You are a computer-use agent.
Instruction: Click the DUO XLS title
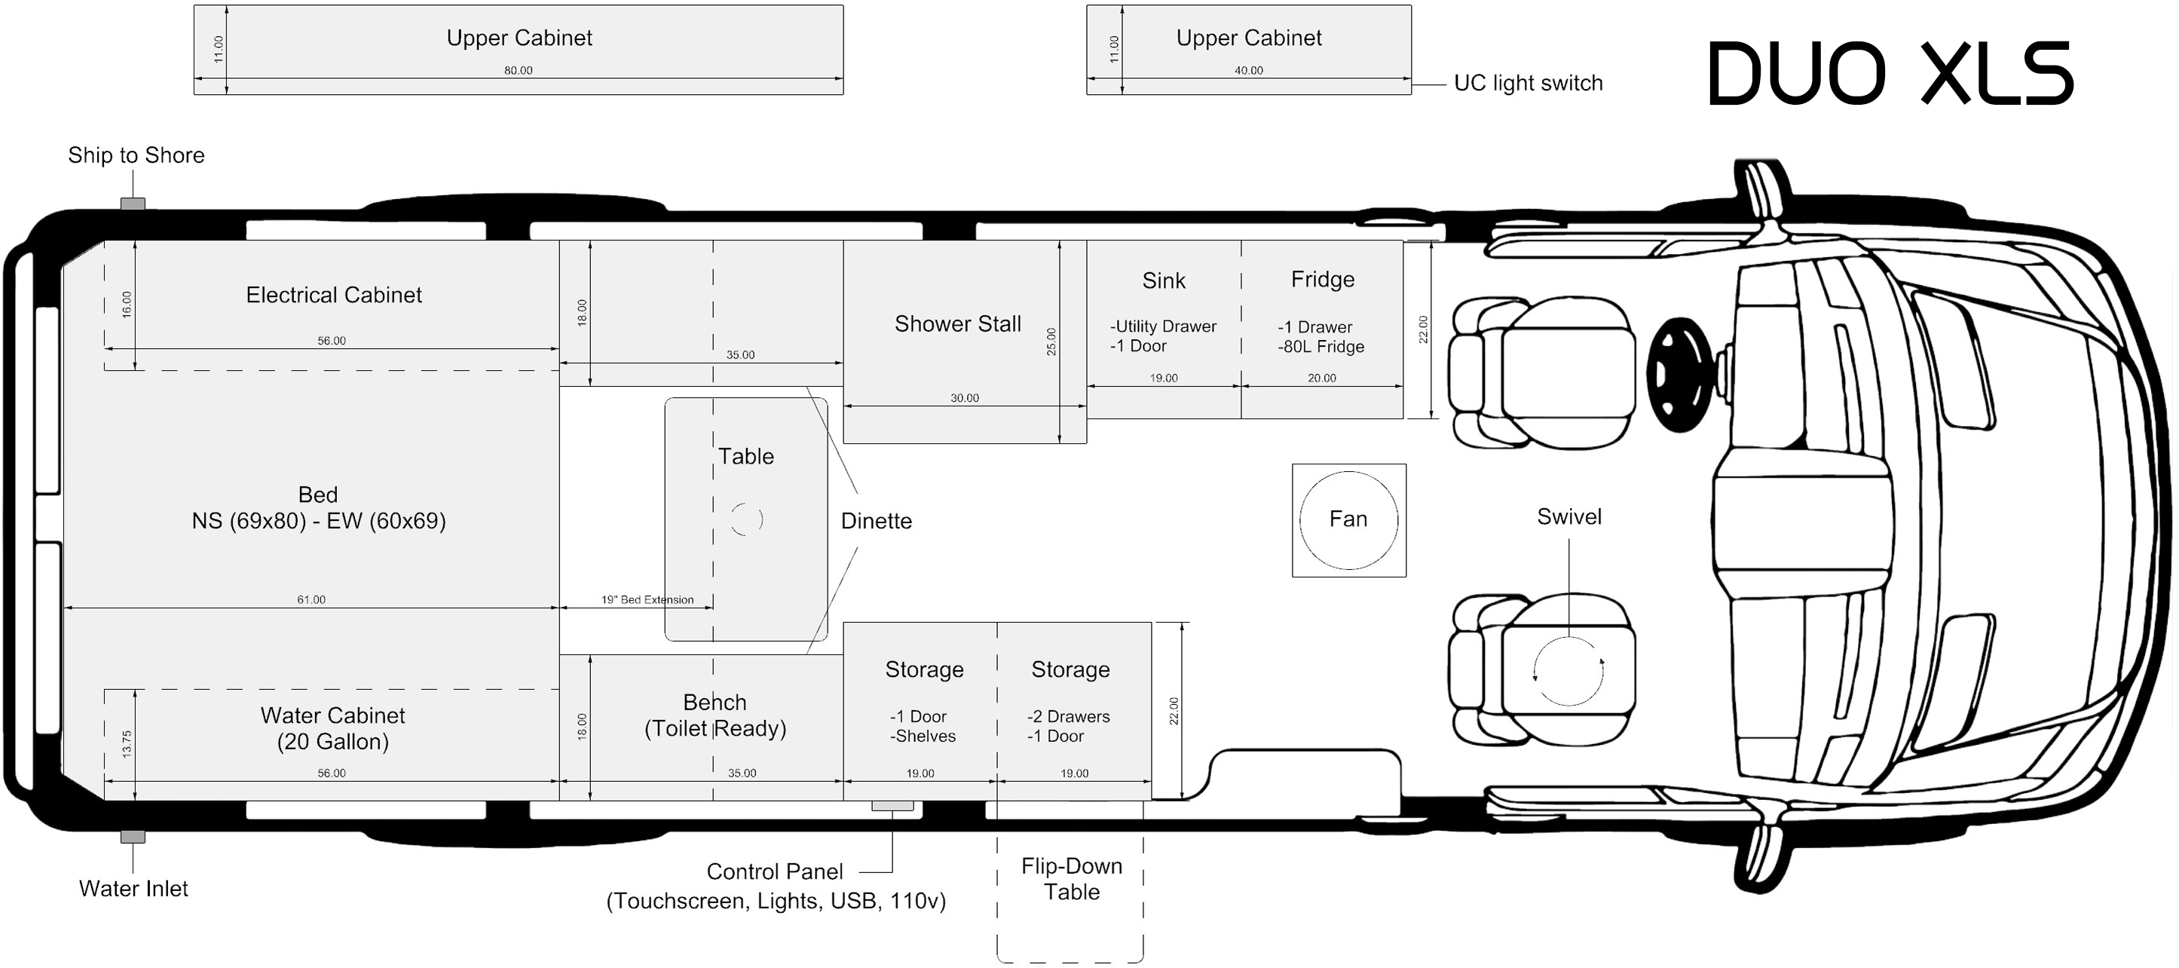(x=1890, y=74)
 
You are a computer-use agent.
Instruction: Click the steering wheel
(x=1680, y=373)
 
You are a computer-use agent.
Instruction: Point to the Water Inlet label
(x=133, y=888)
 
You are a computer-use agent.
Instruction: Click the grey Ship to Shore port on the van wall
(x=133, y=204)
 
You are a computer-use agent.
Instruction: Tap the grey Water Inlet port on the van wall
(x=133, y=837)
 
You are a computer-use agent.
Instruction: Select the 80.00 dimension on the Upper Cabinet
(x=519, y=70)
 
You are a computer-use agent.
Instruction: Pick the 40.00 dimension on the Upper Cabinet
(x=1248, y=70)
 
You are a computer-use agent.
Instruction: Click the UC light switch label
(x=1529, y=83)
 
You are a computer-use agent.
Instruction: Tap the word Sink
(x=1164, y=281)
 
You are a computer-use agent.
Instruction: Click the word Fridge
(x=1323, y=279)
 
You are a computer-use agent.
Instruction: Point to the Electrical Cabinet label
(x=334, y=295)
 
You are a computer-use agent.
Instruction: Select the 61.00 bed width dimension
(x=311, y=600)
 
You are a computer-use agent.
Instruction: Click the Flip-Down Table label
(x=1072, y=878)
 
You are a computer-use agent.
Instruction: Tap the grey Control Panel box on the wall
(x=892, y=806)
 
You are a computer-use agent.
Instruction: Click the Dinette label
(x=877, y=521)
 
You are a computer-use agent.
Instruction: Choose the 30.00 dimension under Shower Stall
(x=964, y=398)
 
